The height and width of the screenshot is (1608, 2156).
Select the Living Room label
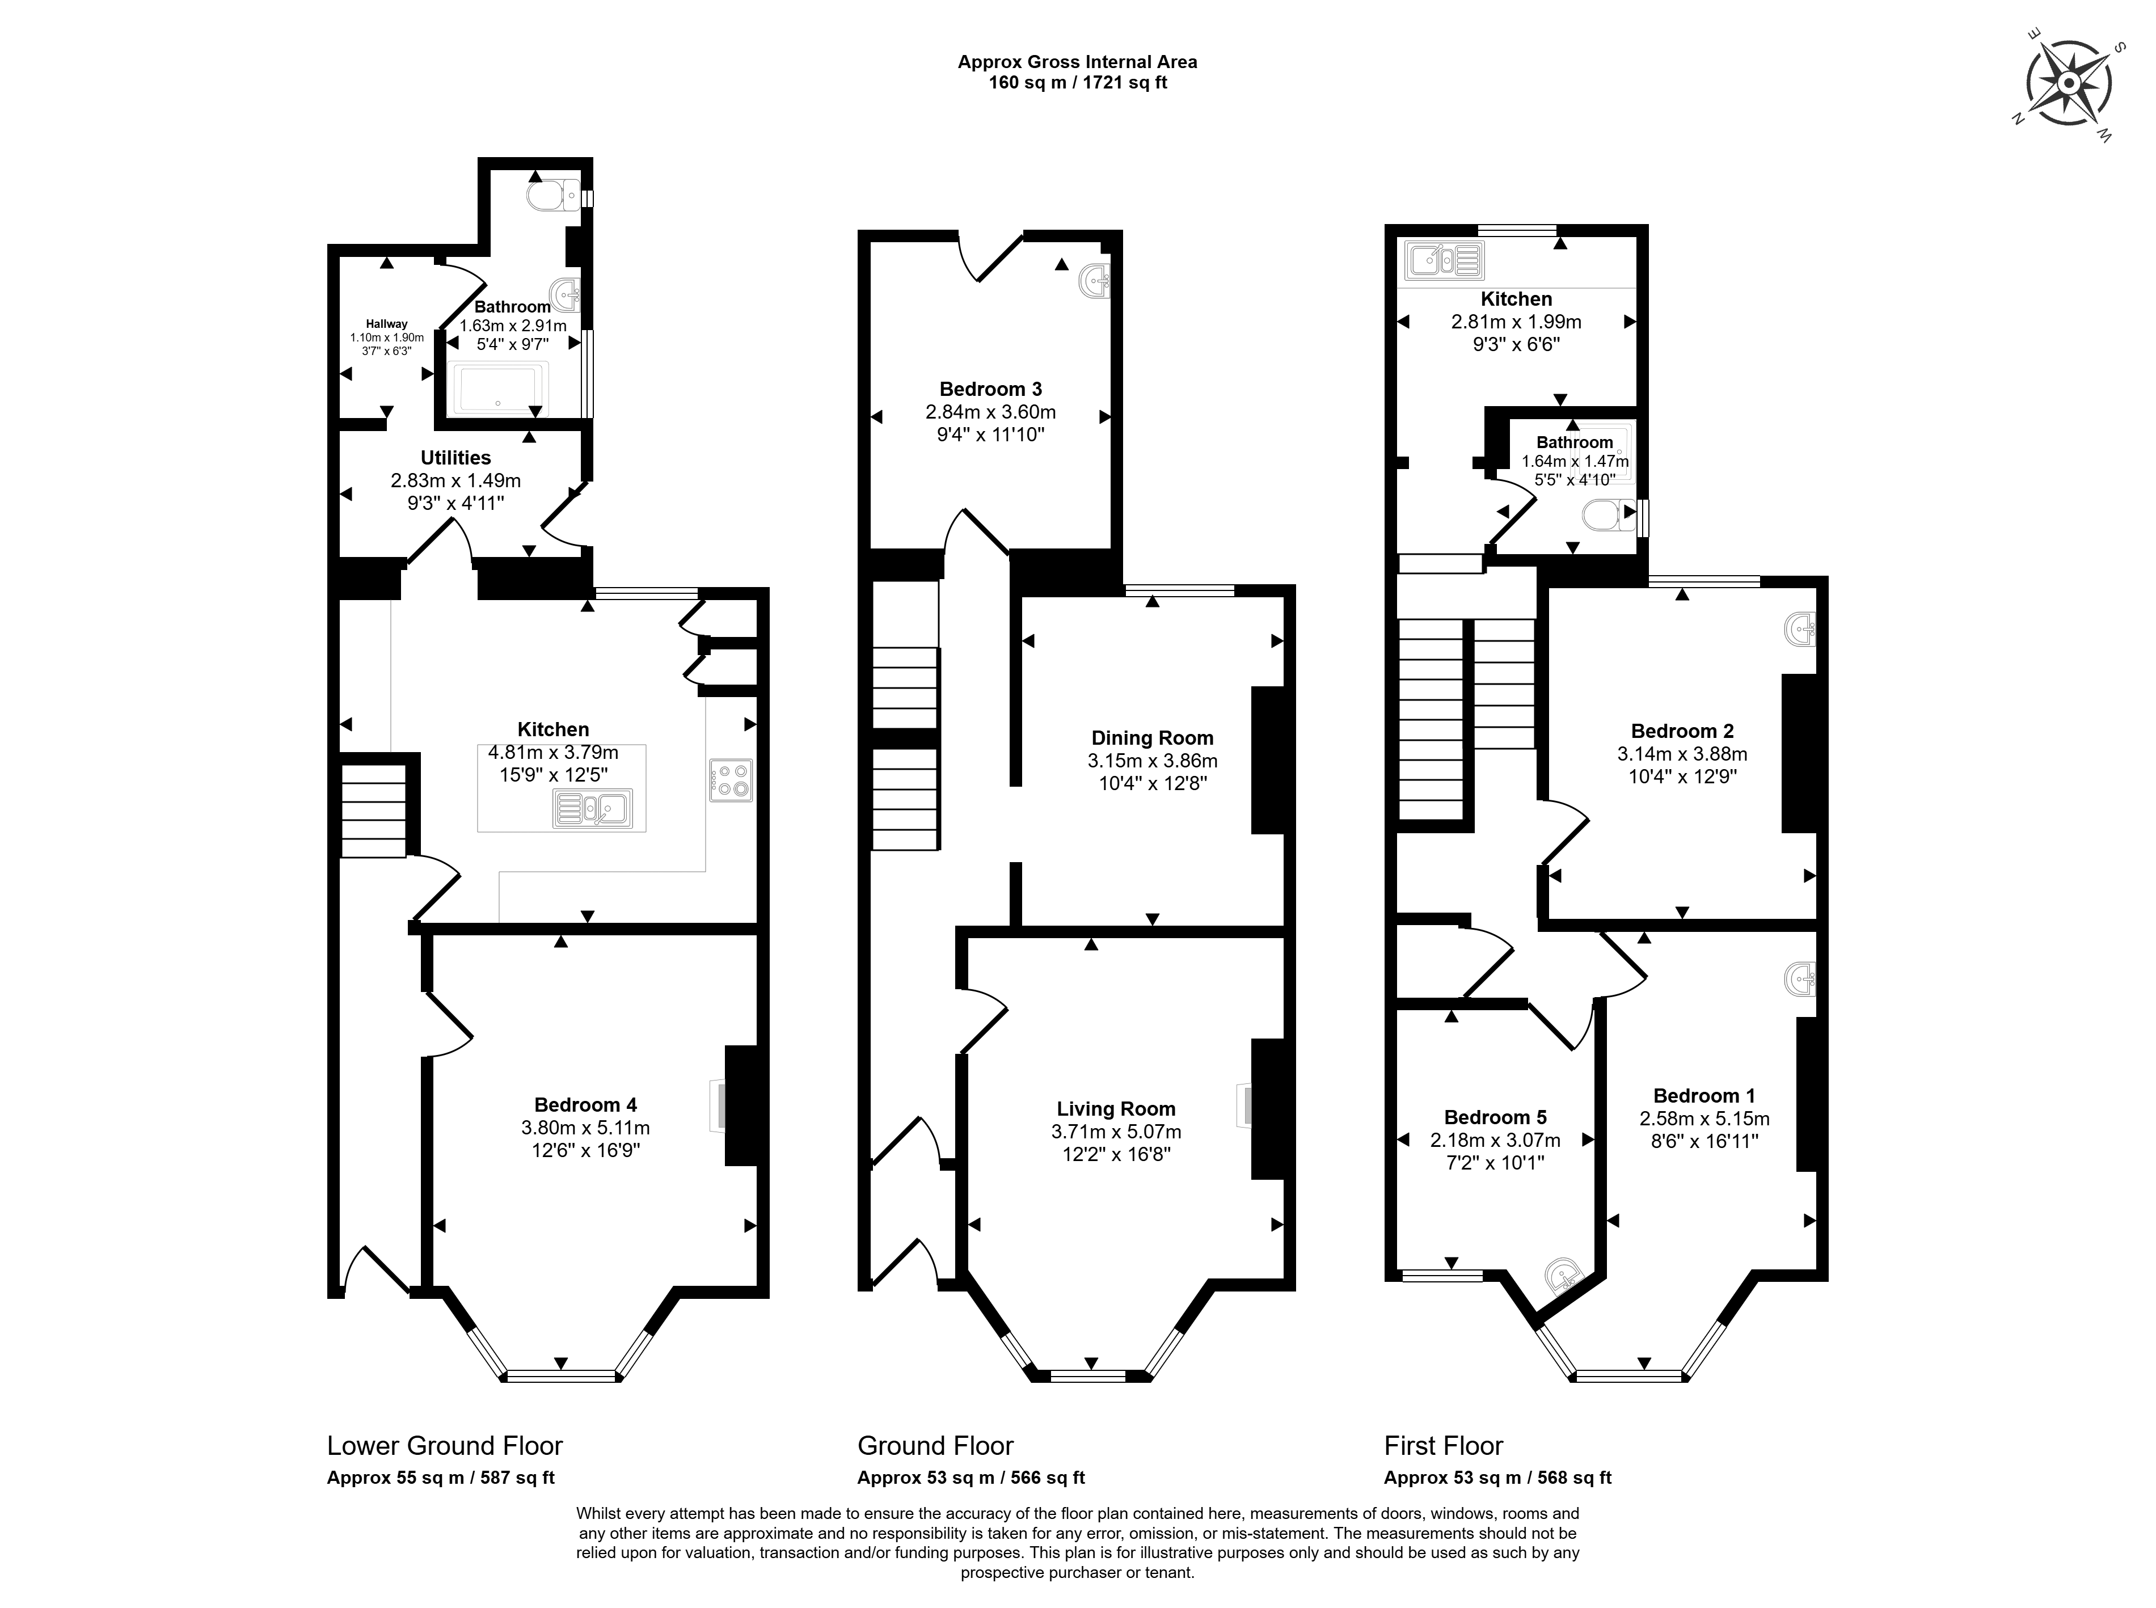pyautogui.click(x=1116, y=1109)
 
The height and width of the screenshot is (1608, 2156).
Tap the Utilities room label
pyautogui.click(x=455, y=458)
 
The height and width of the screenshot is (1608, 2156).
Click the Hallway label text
pyautogui.click(x=386, y=324)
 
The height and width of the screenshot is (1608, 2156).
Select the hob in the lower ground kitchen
pyautogui.click(x=730, y=780)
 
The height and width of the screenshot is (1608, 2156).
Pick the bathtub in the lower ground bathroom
pyautogui.click(x=499, y=389)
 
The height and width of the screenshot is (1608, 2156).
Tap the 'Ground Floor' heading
pyautogui.click(x=935, y=1445)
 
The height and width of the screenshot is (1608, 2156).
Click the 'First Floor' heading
pyautogui.click(x=1444, y=1445)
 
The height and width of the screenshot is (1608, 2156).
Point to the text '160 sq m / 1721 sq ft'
pyautogui.click(x=1078, y=83)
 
